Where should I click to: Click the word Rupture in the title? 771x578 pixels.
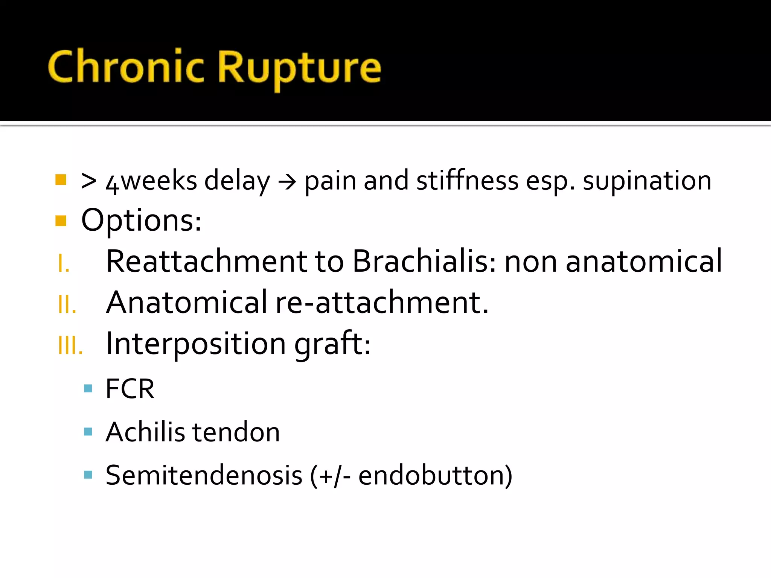(x=299, y=68)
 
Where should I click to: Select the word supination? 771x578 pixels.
(x=647, y=181)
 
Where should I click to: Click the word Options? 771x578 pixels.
(x=141, y=221)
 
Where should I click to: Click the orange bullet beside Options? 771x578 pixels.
(x=61, y=221)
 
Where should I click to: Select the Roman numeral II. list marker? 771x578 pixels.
(x=67, y=304)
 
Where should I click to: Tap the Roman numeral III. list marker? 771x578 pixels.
(x=70, y=345)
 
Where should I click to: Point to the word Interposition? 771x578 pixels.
(x=196, y=344)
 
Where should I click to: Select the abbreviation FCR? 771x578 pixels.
(x=130, y=389)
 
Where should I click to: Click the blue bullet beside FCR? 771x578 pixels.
(x=88, y=388)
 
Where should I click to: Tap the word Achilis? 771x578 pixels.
(x=145, y=432)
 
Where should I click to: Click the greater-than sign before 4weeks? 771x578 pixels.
(x=89, y=181)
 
